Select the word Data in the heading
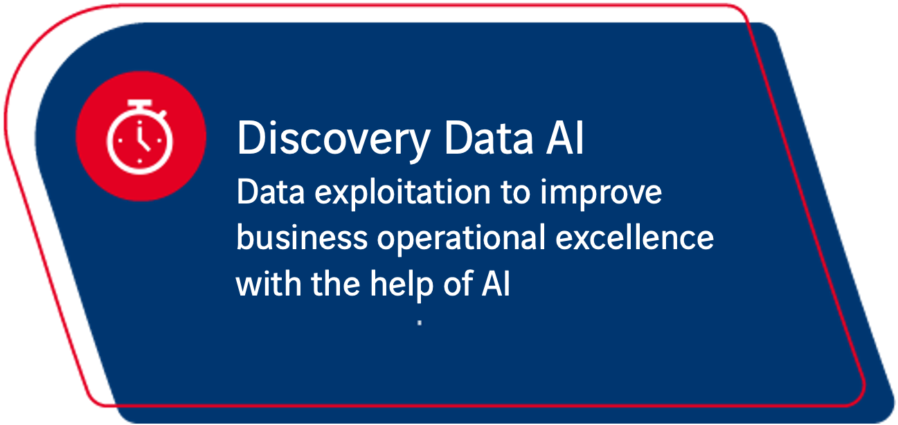click(x=489, y=138)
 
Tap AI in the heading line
click(x=565, y=138)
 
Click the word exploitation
click(x=402, y=194)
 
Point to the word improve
click(x=601, y=194)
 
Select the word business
click(x=302, y=237)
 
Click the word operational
click(x=461, y=239)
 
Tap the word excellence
click(x=635, y=237)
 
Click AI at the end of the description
click(x=496, y=282)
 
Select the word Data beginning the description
click(x=271, y=192)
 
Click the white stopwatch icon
click(x=139, y=136)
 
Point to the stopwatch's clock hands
click(x=142, y=138)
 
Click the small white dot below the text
click(x=420, y=323)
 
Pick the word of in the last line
click(x=458, y=282)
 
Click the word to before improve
click(x=516, y=193)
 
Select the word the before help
click(x=336, y=282)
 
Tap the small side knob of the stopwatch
click(x=162, y=114)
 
